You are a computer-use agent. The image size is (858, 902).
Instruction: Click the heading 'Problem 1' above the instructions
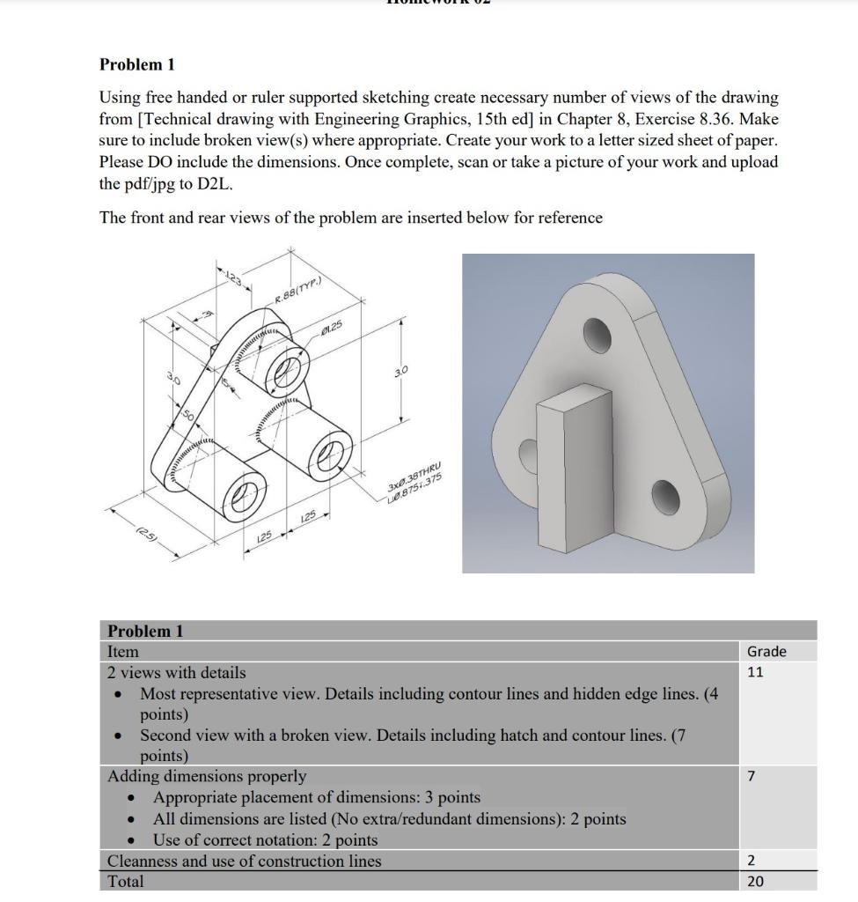click(x=136, y=64)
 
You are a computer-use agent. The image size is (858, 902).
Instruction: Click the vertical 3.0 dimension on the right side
click(x=400, y=373)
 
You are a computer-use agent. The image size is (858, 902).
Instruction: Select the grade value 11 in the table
click(x=756, y=672)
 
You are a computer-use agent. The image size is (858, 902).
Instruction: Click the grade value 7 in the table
click(x=752, y=776)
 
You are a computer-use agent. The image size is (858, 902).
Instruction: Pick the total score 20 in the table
click(x=755, y=881)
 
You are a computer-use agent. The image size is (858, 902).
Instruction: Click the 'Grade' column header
click(x=766, y=651)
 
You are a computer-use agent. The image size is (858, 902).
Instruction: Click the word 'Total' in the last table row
click(x=125, y=881)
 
